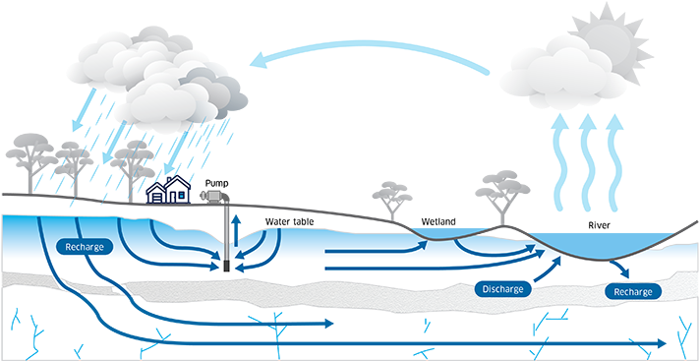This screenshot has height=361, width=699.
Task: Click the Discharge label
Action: click(503, 289)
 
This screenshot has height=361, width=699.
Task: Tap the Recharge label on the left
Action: click(85, 246)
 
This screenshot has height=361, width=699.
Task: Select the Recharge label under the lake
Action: click(631, 292)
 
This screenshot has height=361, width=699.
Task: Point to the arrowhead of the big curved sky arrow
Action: click(259, 61)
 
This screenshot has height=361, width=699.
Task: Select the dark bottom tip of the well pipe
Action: click(226, 267)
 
